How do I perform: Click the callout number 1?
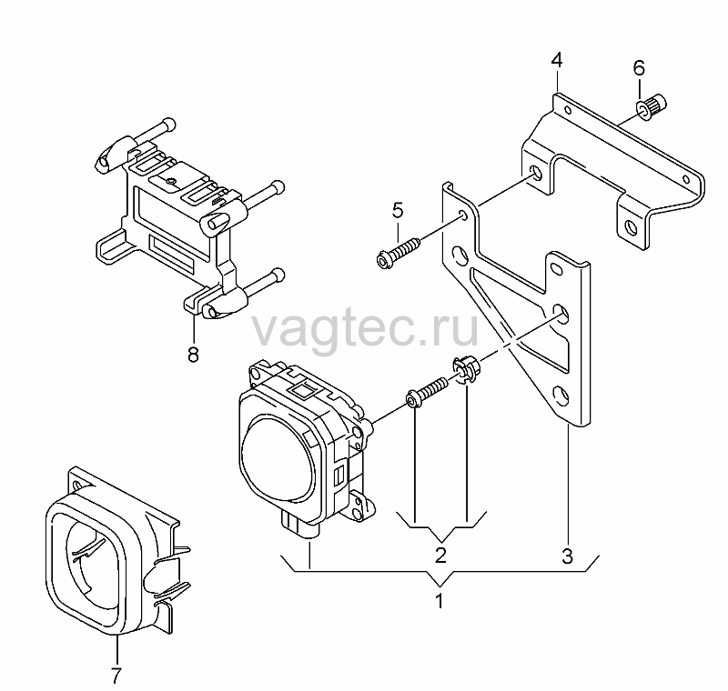(x=440, y=601)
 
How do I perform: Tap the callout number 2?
(x=440, y=555)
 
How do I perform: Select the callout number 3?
(x=567, y=556)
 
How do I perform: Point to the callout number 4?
(x=557, y=60)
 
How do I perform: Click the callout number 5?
(x=398, y=210)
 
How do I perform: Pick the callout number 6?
(x=639, y=68)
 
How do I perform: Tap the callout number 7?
(x=116, y=676)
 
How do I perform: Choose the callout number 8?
(x=193, y=355)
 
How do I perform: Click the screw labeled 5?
(x=398, y=254)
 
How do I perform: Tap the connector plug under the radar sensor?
(x=300, y=527)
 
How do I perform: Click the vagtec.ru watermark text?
(x=365, y=330)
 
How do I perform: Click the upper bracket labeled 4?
(x=612, y=172)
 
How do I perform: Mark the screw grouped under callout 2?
(x=427, y=392)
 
